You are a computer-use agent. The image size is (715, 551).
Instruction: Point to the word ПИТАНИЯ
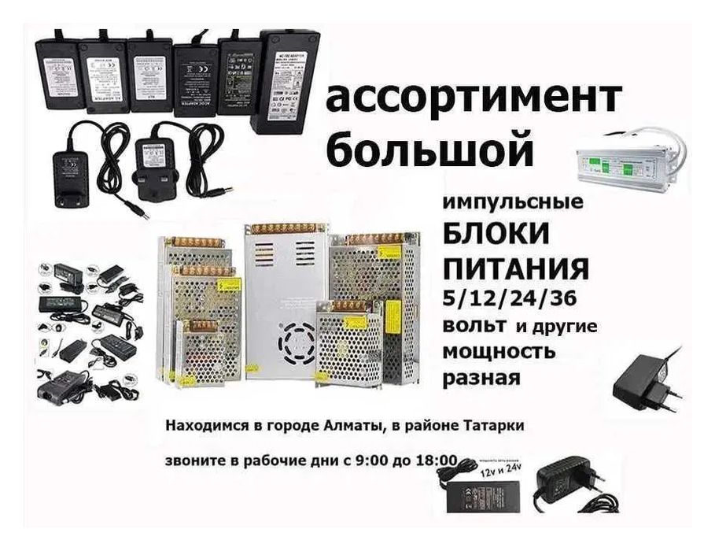pos(516,268)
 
